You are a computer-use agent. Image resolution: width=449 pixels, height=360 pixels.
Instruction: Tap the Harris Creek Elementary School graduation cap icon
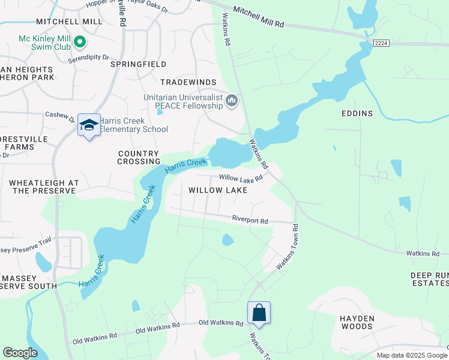pos(89,125)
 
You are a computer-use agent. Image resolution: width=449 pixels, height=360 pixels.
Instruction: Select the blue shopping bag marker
pos(259,313)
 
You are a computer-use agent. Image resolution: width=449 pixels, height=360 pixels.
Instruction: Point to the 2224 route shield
pos(380,43)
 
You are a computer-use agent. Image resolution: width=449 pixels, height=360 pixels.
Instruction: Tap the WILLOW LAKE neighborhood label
pos(218,190)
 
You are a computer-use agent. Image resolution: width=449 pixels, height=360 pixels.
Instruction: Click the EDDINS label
pos(357,113)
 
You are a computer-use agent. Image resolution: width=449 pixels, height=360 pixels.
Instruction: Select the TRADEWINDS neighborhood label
pos(188,82)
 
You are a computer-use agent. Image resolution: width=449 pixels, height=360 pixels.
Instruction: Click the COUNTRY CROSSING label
pos(138,158)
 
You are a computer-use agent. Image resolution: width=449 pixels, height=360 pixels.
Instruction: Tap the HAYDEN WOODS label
pos(357,322)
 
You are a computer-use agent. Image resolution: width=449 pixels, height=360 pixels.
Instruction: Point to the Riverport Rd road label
pos(250,220)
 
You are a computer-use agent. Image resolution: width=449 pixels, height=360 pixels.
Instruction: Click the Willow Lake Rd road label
pos(241,178)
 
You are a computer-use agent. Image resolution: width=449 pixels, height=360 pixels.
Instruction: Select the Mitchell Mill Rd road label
pos(258,19)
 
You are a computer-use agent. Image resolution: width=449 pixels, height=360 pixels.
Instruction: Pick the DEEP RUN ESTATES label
pos(430,280)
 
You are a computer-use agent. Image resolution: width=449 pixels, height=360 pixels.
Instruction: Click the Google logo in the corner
pos(20,353)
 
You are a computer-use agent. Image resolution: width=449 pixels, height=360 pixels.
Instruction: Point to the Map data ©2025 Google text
pos(411,355)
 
